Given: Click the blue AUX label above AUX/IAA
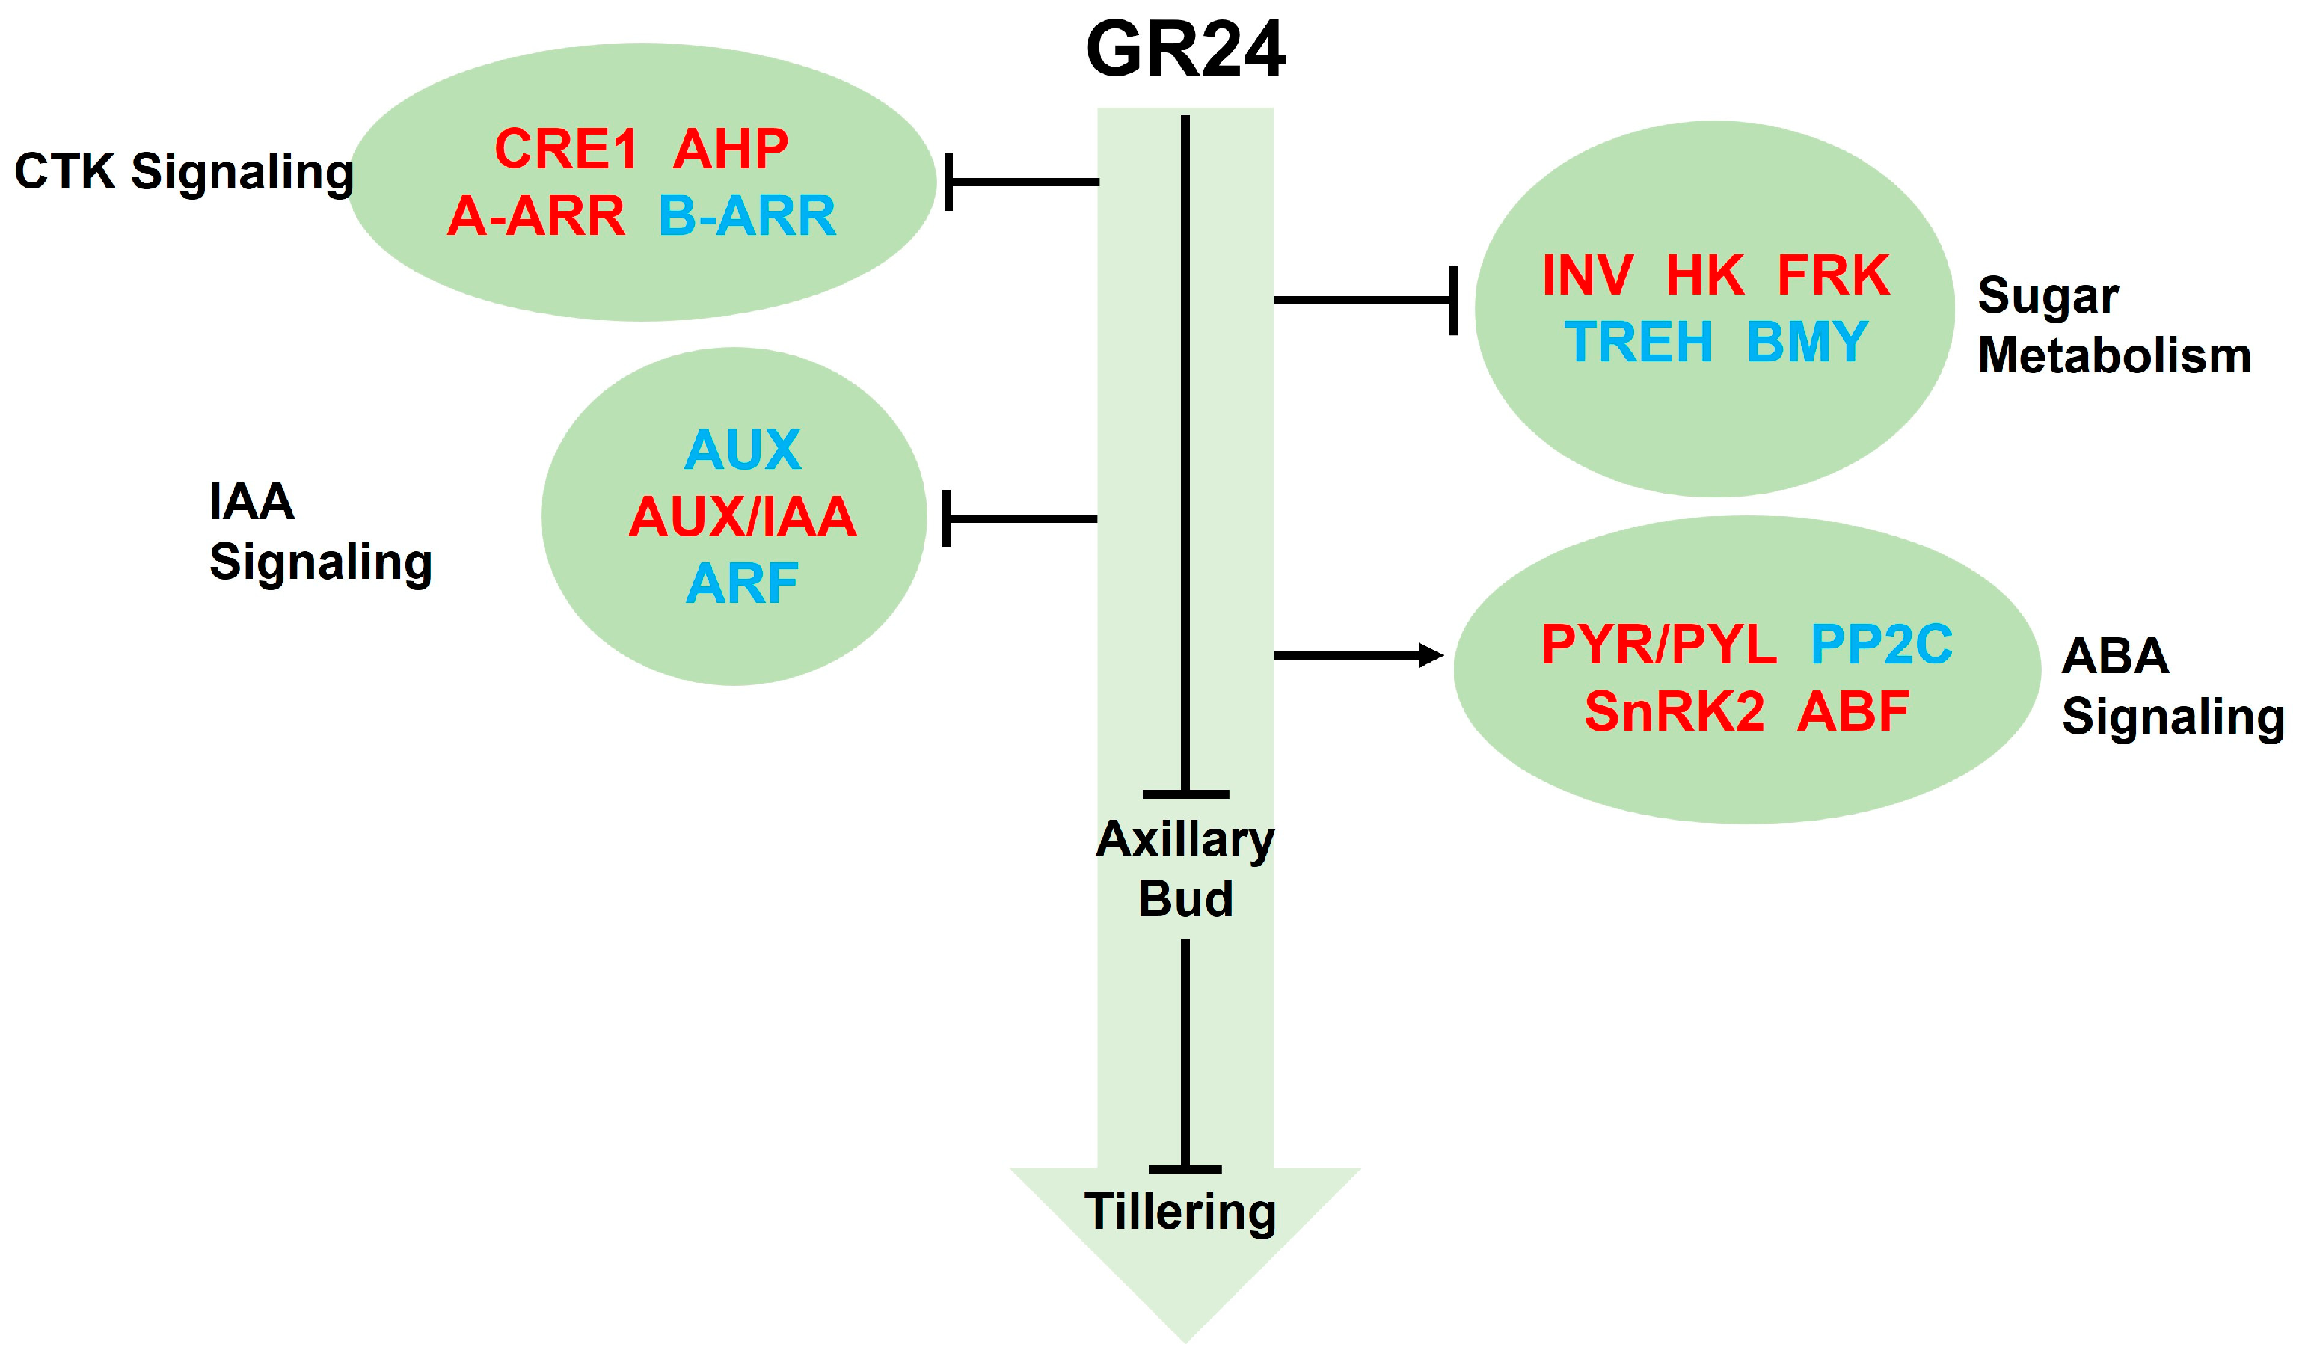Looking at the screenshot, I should pos(742,450).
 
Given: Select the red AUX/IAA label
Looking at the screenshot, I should pos(742,516).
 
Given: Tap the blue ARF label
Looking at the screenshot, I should pos(742,583).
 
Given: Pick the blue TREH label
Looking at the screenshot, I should pos(1638,342).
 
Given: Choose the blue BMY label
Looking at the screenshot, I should pos(1807,342).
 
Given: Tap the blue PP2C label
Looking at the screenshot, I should pos(1880,643).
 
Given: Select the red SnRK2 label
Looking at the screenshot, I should pos(1674,711).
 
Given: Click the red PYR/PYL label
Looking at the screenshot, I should pos(1658,643).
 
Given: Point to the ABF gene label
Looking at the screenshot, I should pos(1853,711).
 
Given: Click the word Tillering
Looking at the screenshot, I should pos(1180,1212).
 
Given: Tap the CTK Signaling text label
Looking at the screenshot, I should pos(183,172).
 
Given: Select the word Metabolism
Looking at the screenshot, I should pos(2114,355).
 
